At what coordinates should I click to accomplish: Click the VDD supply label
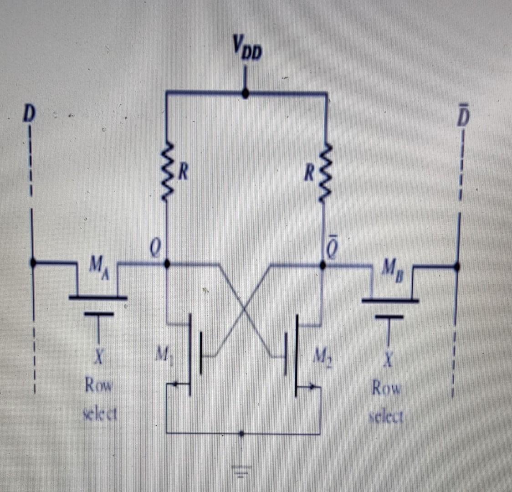click(246, 48)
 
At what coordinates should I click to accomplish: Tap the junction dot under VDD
click(245, 94)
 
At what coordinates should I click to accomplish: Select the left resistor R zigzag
click(167, 171)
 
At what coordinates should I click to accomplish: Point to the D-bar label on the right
click(462, 117)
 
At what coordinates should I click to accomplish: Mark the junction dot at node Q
click(167, 264)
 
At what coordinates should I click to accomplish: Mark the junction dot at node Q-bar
click(323, 265)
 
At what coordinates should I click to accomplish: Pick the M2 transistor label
click(323, 353)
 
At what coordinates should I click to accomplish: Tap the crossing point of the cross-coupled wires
click(245, 309)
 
